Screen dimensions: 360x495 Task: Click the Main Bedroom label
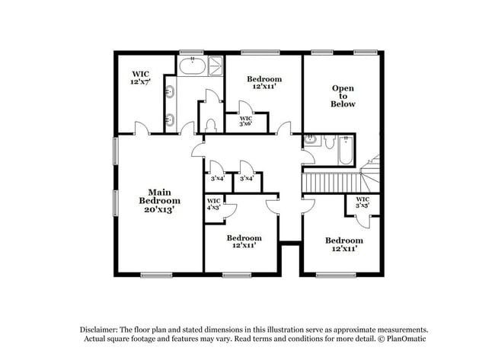(159, 196)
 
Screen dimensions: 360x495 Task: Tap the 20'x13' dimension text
(159, 209)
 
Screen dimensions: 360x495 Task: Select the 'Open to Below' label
(343, 96)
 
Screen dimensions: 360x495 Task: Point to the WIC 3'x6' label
(245, 122)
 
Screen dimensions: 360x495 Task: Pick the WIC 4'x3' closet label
(214, 204)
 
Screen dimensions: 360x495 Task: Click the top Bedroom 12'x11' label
(264, 83)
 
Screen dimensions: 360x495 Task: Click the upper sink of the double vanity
(169, 93)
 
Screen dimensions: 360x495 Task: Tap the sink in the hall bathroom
(311, 140)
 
